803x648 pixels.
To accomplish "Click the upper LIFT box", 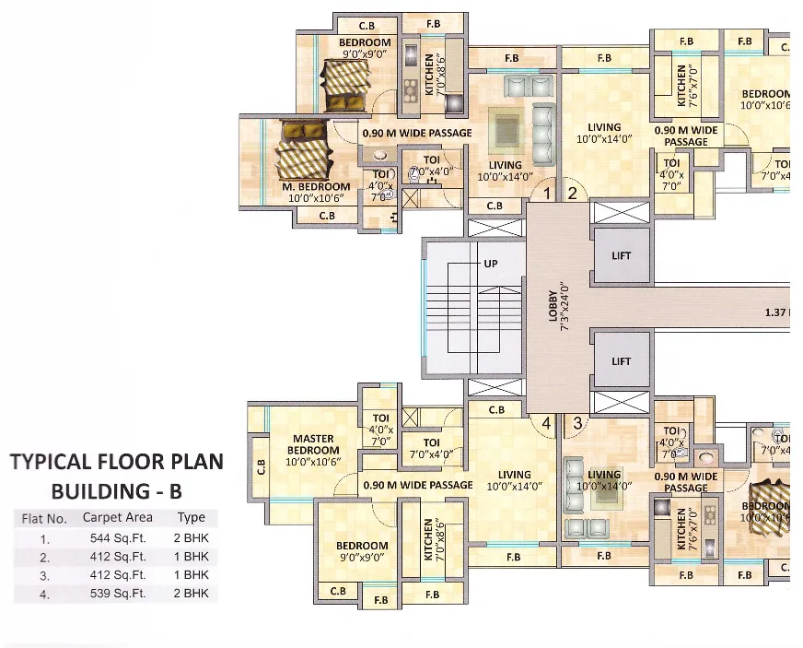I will tap(622, 255).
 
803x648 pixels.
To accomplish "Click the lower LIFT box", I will tap(622, 361).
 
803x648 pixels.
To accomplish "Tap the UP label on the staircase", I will tap(491, 264).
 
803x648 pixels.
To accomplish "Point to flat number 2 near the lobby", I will tap(572, 194).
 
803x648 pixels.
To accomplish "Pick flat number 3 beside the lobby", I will tap(577, 423).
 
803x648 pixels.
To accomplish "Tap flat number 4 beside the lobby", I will tap(546, 423).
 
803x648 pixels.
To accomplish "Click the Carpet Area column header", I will tap(118, 518).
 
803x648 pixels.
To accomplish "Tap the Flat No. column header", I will tap(44, 518).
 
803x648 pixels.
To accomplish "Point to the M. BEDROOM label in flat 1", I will tap(316, 187).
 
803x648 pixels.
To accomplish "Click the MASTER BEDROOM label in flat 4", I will tap(313, 444).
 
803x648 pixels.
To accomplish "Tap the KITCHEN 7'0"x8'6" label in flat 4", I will tap(428, 542).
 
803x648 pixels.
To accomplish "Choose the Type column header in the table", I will tap(192, 518).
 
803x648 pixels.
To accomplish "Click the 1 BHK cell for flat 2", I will tap(192, 557).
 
